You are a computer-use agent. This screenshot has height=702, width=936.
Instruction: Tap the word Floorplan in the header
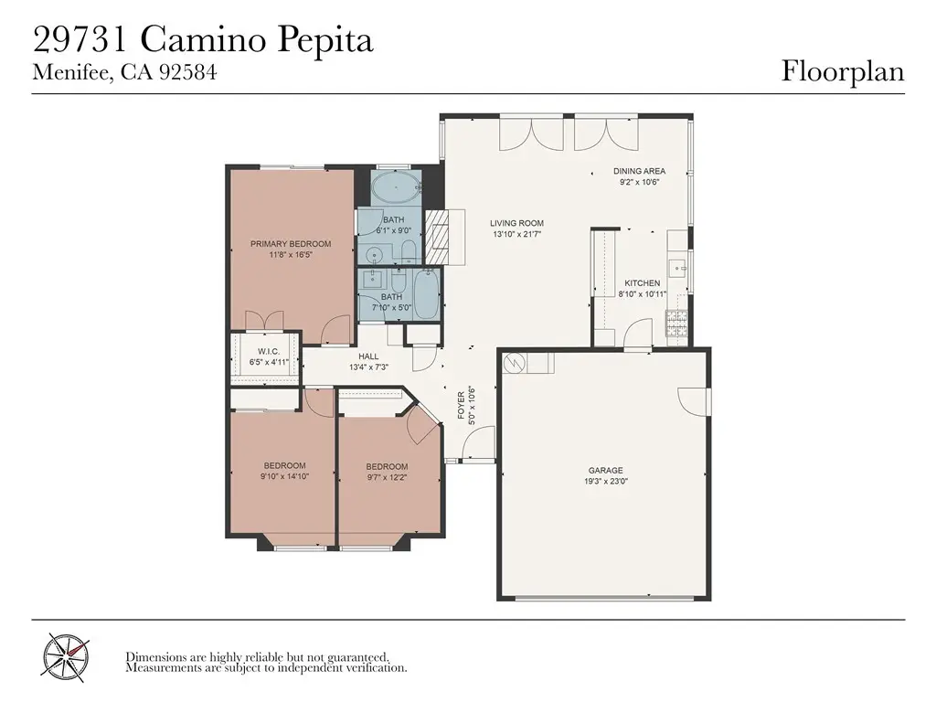point(842,71)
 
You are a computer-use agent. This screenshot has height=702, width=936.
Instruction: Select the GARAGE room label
point(605,471)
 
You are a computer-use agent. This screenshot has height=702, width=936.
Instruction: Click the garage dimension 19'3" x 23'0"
point(605,481)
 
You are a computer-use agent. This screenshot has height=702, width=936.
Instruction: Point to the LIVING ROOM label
point(517,223)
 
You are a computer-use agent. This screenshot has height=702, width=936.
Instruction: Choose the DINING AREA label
point(639,171)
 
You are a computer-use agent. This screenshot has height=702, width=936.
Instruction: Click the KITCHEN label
point(643,283)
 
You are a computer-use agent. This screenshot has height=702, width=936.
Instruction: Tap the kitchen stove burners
point(676,323)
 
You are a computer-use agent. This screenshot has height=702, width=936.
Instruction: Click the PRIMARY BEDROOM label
point(291,243)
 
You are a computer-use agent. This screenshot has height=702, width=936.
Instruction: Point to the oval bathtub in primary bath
point(396,188)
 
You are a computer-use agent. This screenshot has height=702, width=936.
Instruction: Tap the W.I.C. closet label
point(269,352)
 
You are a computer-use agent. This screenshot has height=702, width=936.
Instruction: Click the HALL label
point(368,356)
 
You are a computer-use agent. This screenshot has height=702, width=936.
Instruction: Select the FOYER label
point(461,405)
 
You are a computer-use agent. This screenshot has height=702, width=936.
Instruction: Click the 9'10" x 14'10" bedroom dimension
point(285,476)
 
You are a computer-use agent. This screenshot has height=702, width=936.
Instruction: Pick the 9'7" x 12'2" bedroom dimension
point(387,477)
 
